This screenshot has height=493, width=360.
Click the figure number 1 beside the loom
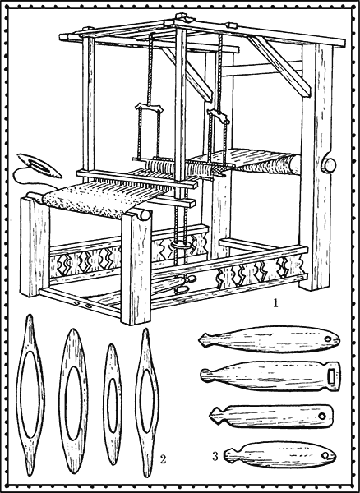tap(275, 303)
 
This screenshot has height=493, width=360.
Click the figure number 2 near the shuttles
tap(163, 459)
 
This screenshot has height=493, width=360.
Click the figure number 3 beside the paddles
tap(215, 456)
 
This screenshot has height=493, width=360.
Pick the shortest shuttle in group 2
tap(113, 404)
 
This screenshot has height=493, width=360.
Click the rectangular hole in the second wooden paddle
tap(330, 376)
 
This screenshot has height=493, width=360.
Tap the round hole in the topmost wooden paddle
tap(328, 339)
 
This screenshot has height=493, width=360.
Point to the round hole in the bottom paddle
tap(325, 455)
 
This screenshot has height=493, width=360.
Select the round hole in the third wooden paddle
tap(322, 416)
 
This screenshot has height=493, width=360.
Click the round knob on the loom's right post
tap(329, 164)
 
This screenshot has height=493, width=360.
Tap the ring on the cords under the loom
tap(182, 245)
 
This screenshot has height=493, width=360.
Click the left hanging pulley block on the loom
tap(150, 108)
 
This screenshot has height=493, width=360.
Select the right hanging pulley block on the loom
tap(217, 117)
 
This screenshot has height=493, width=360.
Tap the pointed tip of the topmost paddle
tap(200, 339)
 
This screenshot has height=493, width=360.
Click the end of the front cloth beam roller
tap(145, 215)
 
